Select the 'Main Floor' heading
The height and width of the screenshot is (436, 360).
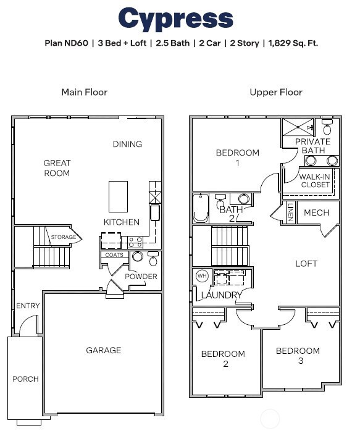[x=84, y=92]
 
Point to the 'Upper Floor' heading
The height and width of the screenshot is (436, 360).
[x=276, y=92]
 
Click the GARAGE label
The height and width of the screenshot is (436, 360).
[x=103, y=350]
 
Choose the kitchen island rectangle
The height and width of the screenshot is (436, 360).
[x=119, y=196]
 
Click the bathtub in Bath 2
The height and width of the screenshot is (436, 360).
[x=201, y=209]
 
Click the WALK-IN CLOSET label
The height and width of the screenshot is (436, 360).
[x=315, y=180]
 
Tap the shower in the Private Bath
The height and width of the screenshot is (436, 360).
[x=299, y=127]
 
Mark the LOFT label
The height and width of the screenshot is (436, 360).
[x=306, y=263]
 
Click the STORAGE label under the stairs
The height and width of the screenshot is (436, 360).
[x=63, y=237]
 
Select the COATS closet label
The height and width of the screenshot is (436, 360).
[x=114, y=254]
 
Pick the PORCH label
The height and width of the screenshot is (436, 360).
[x=25, y=379]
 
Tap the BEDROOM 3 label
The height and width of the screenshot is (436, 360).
[x=298, y=355]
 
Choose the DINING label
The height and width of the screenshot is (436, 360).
[x=127, y=144]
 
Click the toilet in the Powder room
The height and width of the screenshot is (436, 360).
[x=153, y=259]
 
